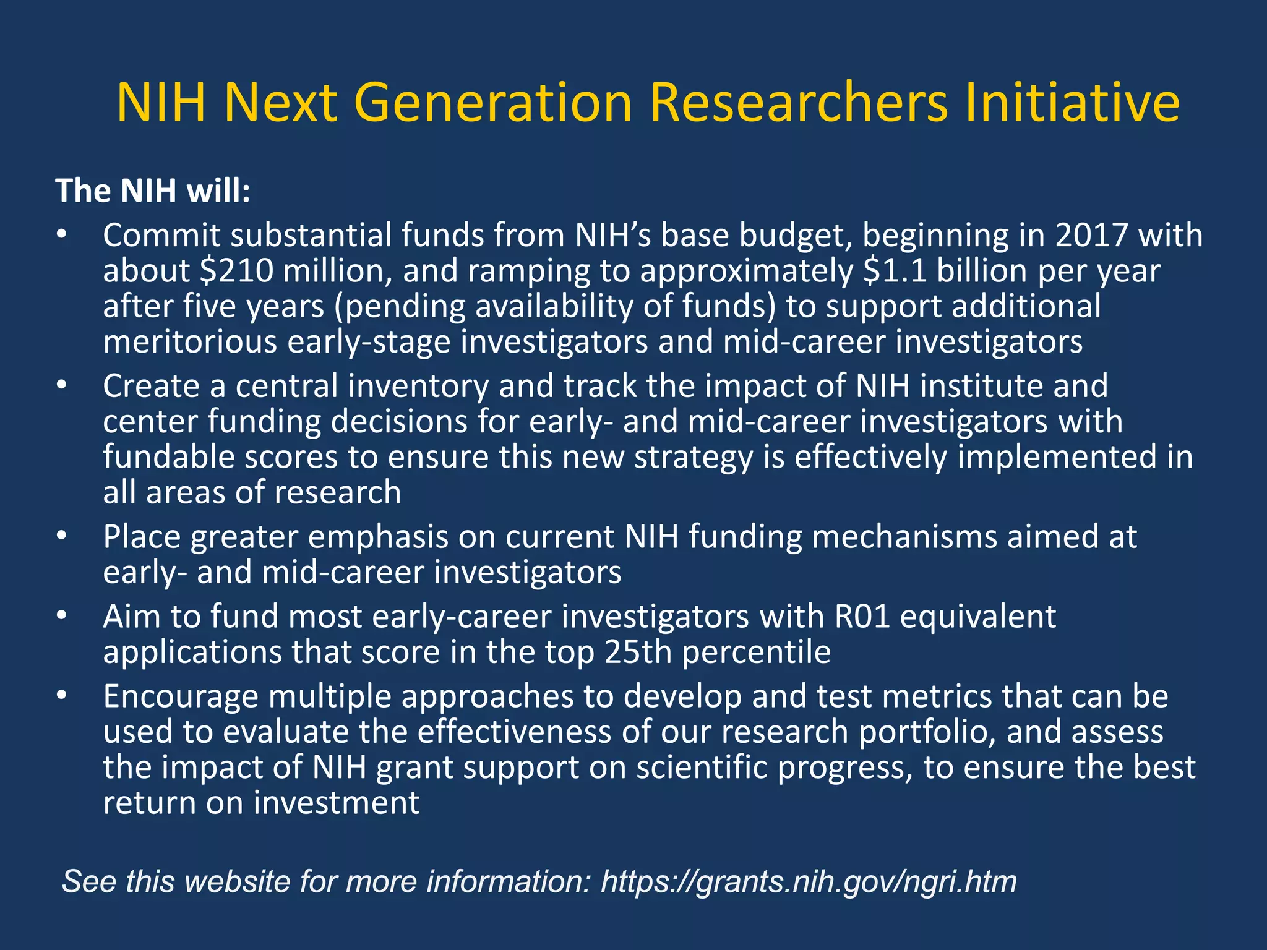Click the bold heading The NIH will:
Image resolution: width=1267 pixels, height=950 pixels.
pos(153,190)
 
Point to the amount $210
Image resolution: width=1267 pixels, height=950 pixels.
pos(237,271)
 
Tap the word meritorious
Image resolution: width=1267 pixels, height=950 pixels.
pos(190,342)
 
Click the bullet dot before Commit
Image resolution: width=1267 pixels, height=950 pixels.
pos(61,236)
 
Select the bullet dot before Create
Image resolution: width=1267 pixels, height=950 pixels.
pos(61,386)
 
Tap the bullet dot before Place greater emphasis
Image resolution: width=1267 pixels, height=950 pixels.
pos(61,536)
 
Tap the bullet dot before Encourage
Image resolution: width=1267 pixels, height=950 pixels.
pos(61,696)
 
